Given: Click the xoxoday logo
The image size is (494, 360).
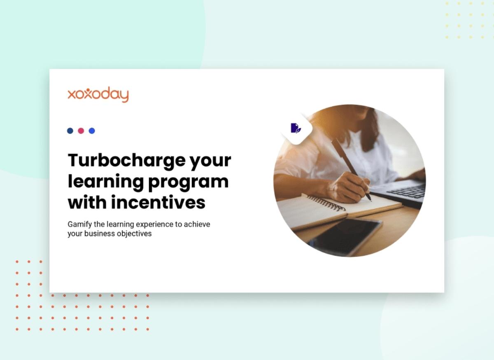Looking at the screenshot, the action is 98,95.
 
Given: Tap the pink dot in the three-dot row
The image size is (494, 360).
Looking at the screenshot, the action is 81,131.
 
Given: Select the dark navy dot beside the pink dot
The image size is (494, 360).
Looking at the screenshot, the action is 70,131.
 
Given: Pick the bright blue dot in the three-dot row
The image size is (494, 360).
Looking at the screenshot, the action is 92,131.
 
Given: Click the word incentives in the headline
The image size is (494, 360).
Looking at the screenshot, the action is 158,202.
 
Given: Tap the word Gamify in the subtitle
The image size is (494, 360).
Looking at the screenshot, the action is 79,224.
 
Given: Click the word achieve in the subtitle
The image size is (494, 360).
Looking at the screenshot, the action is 197,224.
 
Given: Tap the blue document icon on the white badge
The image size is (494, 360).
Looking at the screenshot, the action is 296,128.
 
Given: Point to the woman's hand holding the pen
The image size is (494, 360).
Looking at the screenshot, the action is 348,187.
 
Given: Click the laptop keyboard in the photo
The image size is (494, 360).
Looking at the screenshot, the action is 408,192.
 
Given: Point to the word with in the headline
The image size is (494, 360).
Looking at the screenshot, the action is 87,202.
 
